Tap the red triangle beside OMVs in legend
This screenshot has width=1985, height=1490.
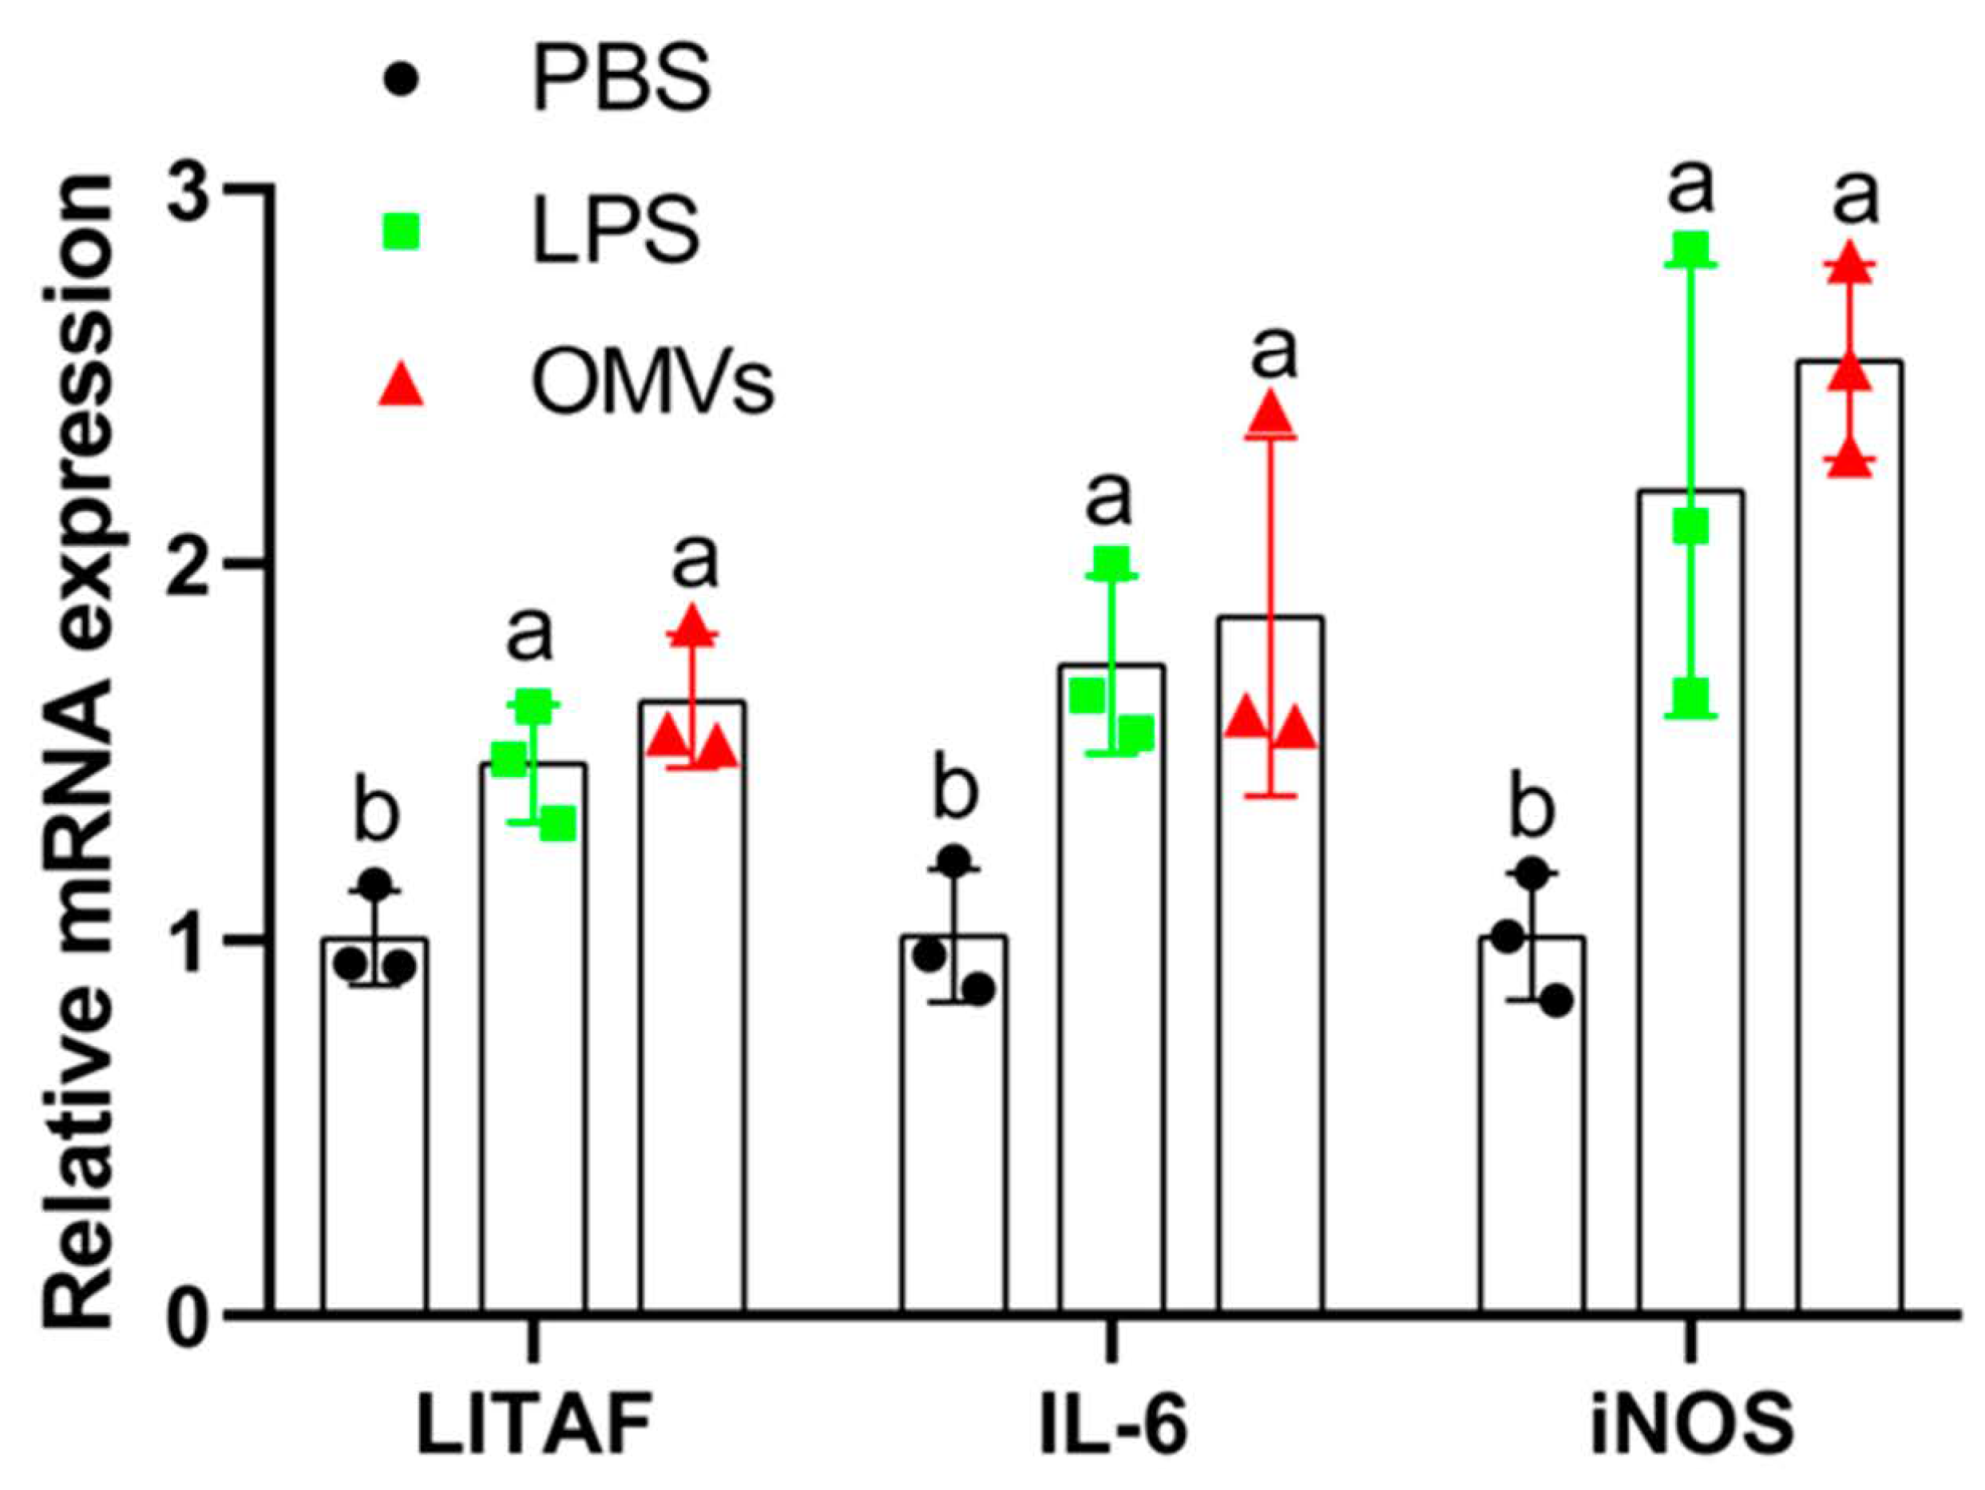pos(399,386)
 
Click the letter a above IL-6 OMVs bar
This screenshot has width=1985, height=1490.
pos(1274,354)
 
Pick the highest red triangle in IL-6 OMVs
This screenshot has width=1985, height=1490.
pos(1270,413)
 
